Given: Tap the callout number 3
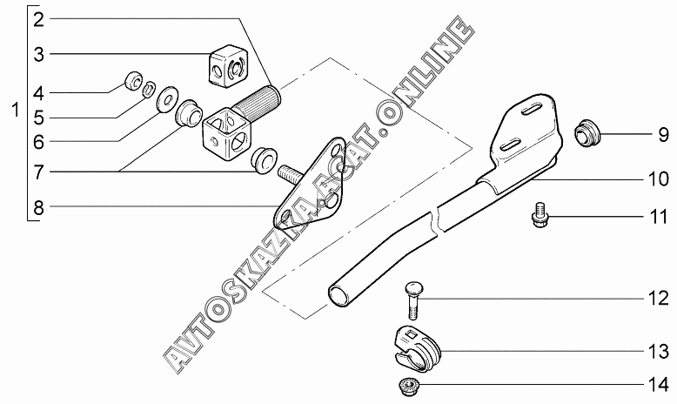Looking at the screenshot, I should (39, 54).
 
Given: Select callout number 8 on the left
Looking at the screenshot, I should (39, 207).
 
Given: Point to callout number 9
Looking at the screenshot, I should (662, 135).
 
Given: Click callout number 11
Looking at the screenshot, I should (659, 216).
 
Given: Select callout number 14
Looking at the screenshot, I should (659, 383).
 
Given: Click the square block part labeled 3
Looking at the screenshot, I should (229, 66).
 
